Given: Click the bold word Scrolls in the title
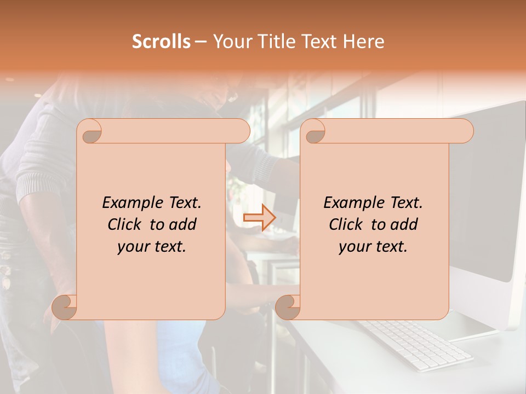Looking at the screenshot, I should [x=161, y=42].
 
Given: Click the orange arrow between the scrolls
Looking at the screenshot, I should [x=259, y=218].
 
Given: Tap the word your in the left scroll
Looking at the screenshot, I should [x=133, y=247].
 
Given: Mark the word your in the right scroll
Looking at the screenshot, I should [x=355, y=247].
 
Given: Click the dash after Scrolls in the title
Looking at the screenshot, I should [x=200, y=42].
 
